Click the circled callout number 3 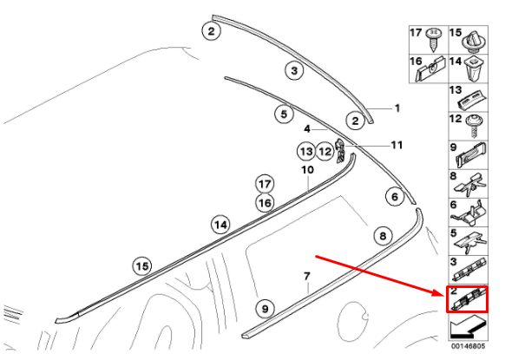tap(294, 70)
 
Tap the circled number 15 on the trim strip tap(142, 266)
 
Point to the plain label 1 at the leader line tap(397, 108)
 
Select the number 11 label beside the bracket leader tap(397, 145)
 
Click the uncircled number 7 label tap(306, 276)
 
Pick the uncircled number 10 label tap(307, 170)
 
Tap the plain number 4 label tap(307, 129)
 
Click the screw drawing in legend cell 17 tap(433, 40)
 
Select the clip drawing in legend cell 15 tap(474, 42)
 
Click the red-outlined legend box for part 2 tap(467, 299)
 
